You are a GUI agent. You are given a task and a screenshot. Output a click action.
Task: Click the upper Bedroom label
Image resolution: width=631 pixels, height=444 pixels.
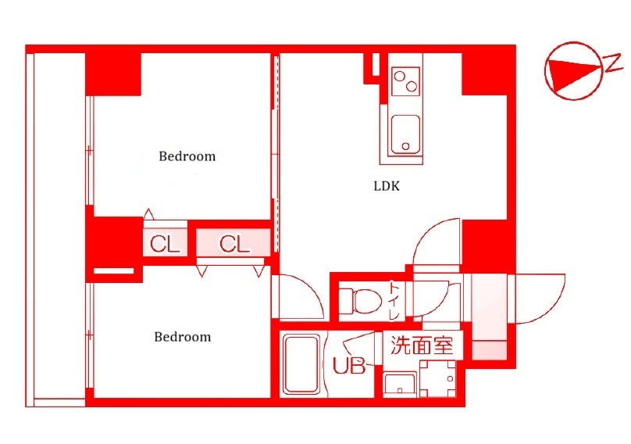[x=187, y=156]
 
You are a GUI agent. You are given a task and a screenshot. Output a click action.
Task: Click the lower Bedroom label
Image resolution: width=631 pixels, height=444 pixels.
[x=182, y=337]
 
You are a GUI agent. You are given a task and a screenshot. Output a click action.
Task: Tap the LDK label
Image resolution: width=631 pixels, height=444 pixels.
[x=386, y=187]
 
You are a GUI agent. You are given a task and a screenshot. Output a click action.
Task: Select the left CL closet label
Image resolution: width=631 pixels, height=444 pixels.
[x=165, y=244]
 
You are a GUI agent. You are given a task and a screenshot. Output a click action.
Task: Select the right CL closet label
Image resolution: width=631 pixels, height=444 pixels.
[x=234, y=244]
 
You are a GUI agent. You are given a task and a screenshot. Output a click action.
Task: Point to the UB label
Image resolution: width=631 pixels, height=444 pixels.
[x=349, y=366]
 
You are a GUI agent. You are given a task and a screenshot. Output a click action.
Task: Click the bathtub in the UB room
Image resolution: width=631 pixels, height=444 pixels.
[x=301, y=365]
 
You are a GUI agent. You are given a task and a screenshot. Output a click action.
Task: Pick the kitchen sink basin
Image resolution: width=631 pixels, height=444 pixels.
[x=405, y=134]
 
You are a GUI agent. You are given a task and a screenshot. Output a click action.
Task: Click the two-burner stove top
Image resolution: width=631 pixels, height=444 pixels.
[x=405, y=80]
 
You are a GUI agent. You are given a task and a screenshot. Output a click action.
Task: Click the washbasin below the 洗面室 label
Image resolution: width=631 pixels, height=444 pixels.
[x=401, y=383]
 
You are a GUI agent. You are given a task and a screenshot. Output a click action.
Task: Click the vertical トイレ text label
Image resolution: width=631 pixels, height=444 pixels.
[x=395, y=300]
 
